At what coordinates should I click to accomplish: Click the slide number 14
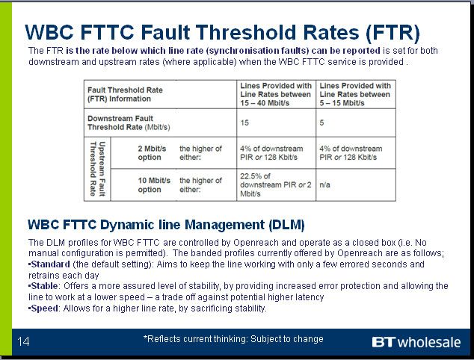[x=23, y=341]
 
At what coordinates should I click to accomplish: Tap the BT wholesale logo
[x=416, y=342]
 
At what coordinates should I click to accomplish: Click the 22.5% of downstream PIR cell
[x=275, y=184]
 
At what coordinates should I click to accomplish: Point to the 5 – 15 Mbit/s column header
[x=355, y=94]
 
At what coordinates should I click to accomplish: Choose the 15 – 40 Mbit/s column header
[x=276, y=94]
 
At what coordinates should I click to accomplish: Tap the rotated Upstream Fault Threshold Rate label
[x=97, y=169]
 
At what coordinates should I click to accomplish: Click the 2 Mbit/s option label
[x=152, y=153]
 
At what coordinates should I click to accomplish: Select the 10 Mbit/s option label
[x=154, y=184]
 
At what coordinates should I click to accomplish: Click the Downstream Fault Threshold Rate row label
[x=129, y=122]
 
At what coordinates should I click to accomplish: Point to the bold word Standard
[x=51, y=264]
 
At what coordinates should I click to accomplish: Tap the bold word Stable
[x=44, y=286]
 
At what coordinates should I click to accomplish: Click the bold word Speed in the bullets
[x=44, y=308]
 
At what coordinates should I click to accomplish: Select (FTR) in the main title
[x=393, y=32]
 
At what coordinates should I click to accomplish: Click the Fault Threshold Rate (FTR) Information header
[x=125, y=94]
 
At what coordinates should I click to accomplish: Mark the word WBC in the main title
[x=49, y=32]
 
